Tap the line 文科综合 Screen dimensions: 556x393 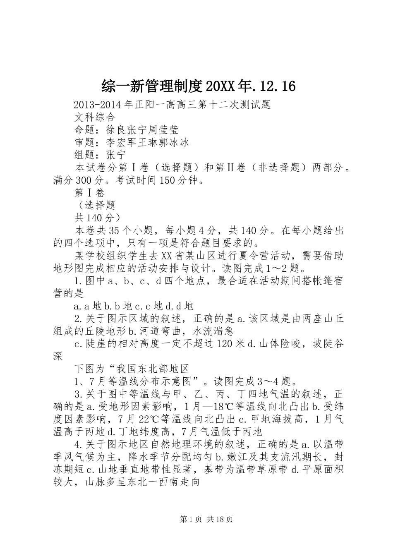tap(95, 117)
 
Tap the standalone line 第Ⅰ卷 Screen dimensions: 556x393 tap(90, 193)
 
